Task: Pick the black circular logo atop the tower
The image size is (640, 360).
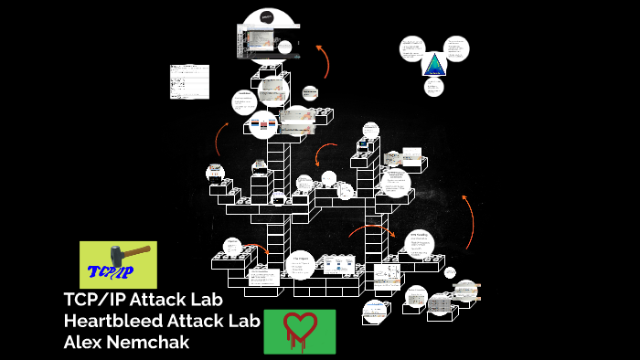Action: coord(266,16)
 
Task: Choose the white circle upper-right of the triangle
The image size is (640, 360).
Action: coord(456,48)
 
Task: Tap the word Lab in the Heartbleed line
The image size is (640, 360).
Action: coord(245,321)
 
